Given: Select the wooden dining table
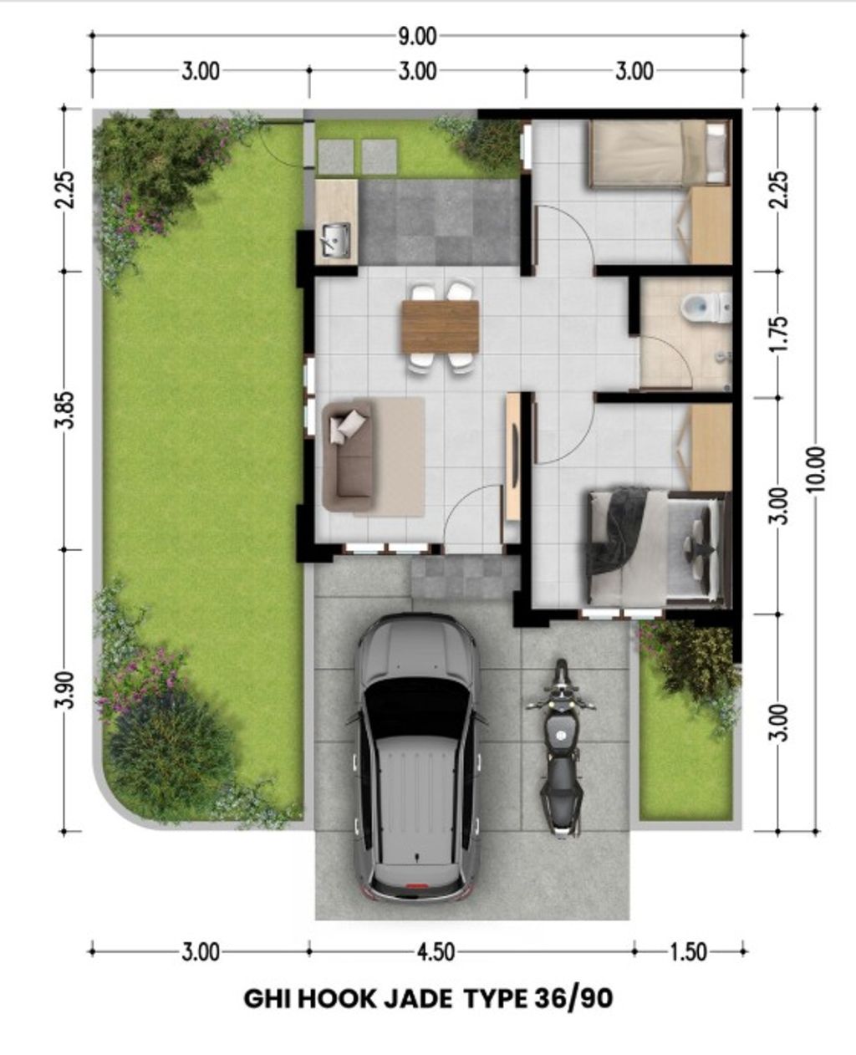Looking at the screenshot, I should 440,326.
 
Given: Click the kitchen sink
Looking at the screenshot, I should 336,240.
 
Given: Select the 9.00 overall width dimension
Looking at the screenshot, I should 416,36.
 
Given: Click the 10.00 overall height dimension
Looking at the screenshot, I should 817,469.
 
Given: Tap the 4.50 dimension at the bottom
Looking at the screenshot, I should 435,951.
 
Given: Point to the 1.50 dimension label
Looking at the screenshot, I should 688,951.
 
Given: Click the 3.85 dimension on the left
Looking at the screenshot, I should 68,410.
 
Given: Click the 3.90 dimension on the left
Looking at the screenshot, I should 68,690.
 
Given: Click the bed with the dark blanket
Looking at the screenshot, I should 652,545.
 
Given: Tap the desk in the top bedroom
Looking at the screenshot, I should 710,225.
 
